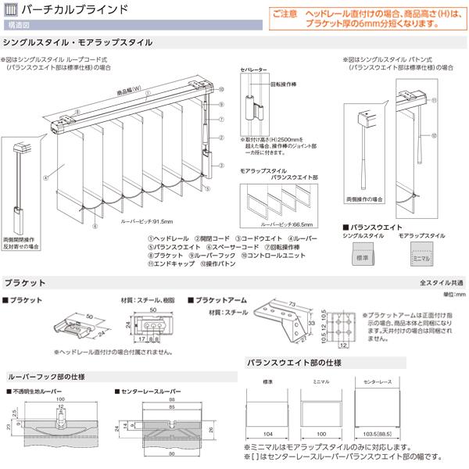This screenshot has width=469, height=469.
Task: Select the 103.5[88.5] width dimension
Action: tap(377, 432)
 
